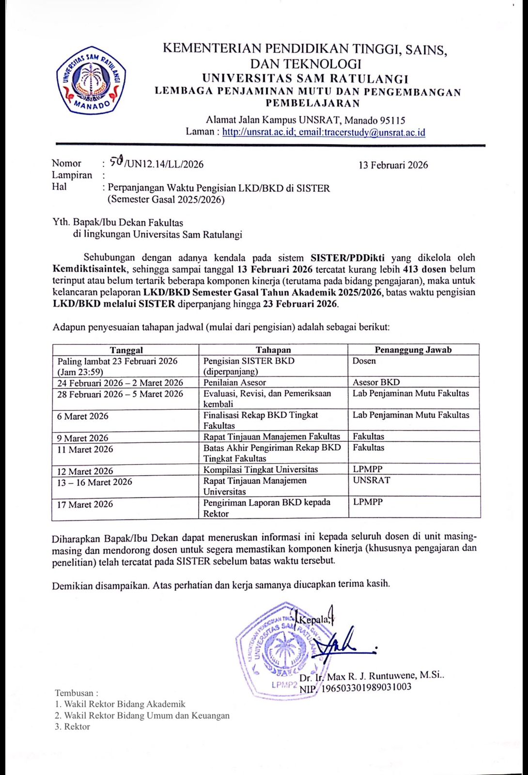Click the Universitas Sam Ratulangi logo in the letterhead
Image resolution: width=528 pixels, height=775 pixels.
point(91,80)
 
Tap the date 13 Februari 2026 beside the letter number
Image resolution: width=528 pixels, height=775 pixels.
point(393,165)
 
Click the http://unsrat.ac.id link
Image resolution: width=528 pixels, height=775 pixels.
point(258,132)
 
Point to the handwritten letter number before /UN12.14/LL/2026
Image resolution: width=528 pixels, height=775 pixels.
point(117,161)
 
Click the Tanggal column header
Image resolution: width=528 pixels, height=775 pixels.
point(126,350)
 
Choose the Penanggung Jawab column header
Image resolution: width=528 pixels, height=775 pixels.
point(413,350)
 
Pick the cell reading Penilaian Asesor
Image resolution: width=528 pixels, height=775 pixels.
point(234,382)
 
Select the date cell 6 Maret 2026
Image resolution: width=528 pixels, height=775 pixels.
point(83,417)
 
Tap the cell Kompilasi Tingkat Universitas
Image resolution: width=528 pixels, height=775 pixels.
point(261,469)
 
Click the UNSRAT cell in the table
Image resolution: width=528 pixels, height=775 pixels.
point(371,480)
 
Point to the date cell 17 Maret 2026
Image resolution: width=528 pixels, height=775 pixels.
point(85,504)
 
